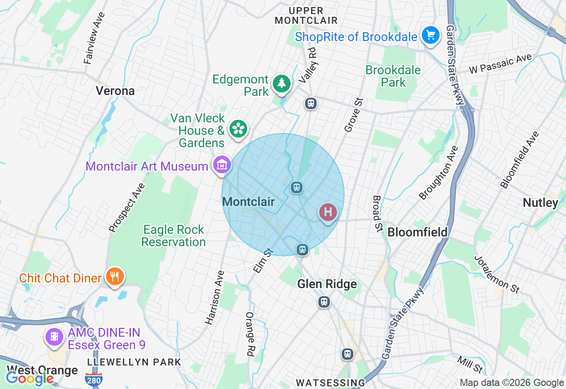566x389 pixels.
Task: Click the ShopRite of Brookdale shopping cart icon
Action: pos(430,35)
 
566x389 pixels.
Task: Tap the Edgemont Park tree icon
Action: pos(281,83)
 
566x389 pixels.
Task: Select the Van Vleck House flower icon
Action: pos(238,129)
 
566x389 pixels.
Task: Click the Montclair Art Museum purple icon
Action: pos(222,165)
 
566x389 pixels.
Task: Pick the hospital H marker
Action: pos(328,212)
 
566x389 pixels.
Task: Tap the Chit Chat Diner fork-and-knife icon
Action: pos(115,277)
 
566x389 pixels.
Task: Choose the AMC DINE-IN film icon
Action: pos(54,337)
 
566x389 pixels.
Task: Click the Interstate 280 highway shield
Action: pos(94,378)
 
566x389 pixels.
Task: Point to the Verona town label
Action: pos(115,91)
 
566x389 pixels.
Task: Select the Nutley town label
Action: pos(540,203)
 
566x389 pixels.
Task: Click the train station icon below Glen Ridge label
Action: pos(324,302)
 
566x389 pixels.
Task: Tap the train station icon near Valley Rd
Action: pos(311,103)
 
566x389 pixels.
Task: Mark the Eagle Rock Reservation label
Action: pos(173,236)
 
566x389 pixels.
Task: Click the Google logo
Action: pos(30,378)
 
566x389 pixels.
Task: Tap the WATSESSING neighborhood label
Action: pos(330,382)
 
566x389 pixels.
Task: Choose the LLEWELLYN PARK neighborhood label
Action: pos(134,362)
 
